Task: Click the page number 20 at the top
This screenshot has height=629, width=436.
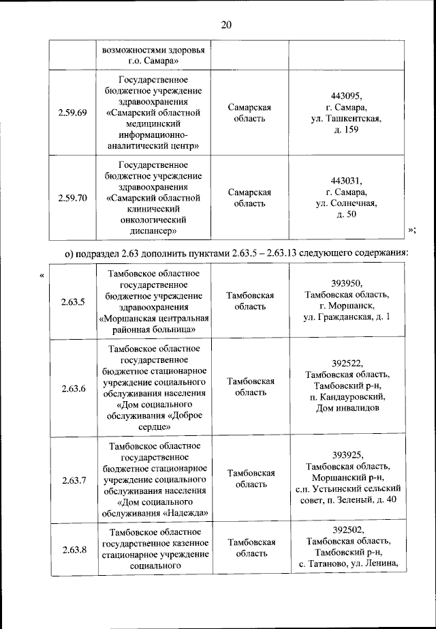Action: coord(226,25)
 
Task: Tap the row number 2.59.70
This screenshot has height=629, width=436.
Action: coord(72,199)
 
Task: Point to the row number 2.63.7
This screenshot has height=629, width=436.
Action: coord(72,479)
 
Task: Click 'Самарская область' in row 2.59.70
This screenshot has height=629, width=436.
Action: coord(250,199)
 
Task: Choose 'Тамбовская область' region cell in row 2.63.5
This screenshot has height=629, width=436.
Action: coord(250,301)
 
